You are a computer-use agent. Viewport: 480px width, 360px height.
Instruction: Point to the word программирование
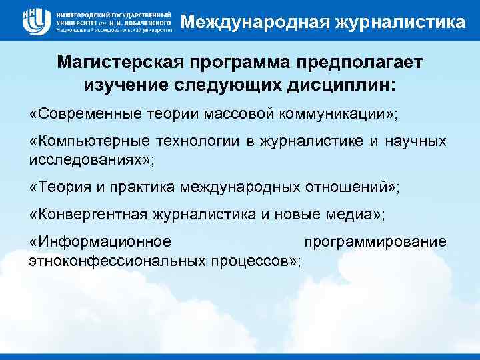[375, 241]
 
